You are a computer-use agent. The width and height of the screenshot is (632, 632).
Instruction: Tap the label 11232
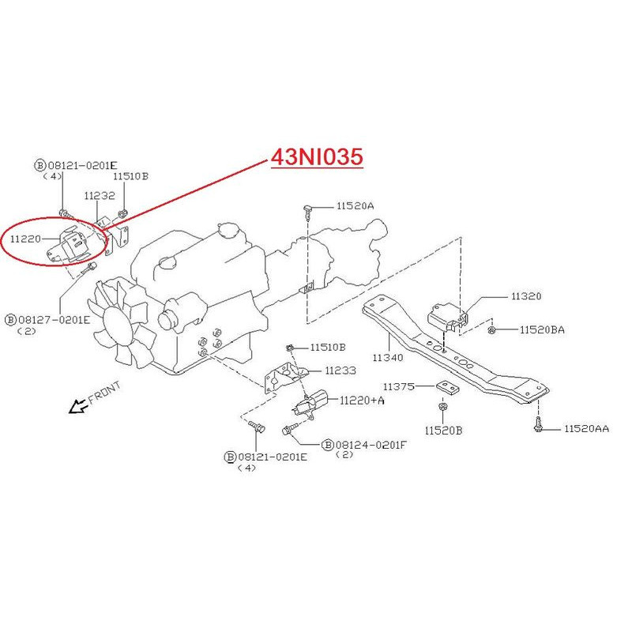100,195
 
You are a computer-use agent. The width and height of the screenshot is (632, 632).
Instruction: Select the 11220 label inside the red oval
26,236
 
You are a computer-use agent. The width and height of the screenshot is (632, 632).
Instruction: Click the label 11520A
355,205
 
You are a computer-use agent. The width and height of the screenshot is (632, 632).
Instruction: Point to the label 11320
526,297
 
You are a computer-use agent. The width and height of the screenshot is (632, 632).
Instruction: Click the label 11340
388,358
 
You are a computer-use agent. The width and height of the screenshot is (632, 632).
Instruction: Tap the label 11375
399,386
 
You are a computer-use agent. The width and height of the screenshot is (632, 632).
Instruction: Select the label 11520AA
586,428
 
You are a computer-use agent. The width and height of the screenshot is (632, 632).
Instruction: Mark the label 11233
340,370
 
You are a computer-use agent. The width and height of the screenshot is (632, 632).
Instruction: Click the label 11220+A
362,401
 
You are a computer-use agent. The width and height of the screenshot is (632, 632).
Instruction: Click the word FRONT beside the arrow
105,393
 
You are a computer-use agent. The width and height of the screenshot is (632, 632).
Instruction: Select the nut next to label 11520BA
492,329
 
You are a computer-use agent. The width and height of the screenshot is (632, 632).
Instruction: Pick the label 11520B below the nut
443,431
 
